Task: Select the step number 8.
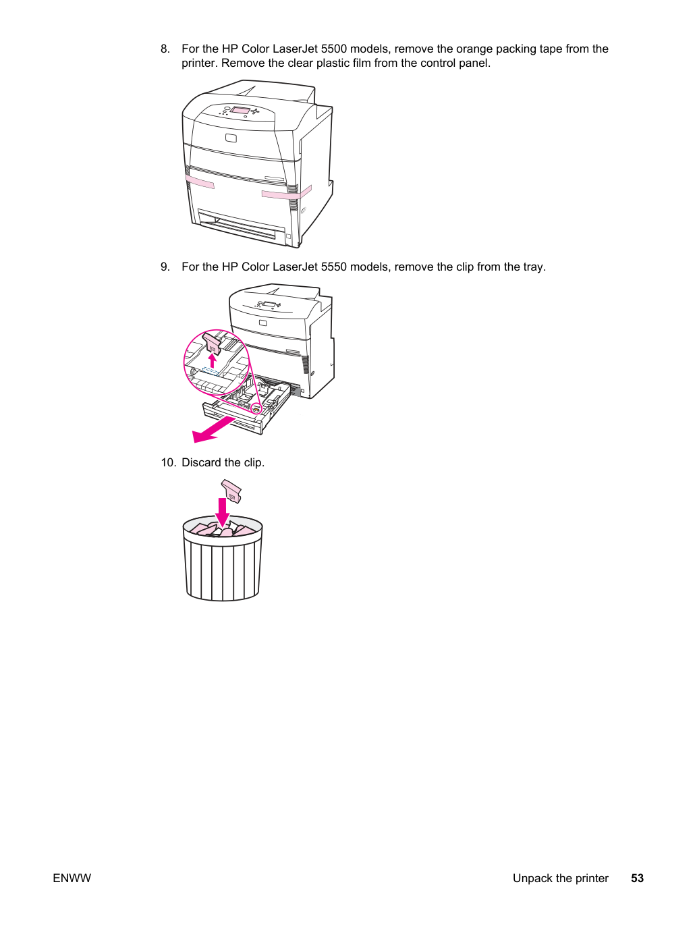(x=165, y=49)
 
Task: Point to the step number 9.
(x=165, y=267)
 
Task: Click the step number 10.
(x=168, y=462)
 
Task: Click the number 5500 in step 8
(x=333, y=49)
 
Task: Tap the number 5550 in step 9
(x=333, y=267)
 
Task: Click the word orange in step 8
(x=474, y=49)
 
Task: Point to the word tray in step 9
(x=534, y=267)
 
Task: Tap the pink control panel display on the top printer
(x=240, y=110)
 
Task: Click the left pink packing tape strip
(x=200, y=182)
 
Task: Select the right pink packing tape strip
(x=286, y=193)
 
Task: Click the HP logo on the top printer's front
(x=231, y=138)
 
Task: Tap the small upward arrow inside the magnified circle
(x=212, y=360)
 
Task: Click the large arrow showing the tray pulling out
(x=214, y=429)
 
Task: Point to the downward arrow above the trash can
(x=222, y=512)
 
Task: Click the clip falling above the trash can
(x=231, y=491)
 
